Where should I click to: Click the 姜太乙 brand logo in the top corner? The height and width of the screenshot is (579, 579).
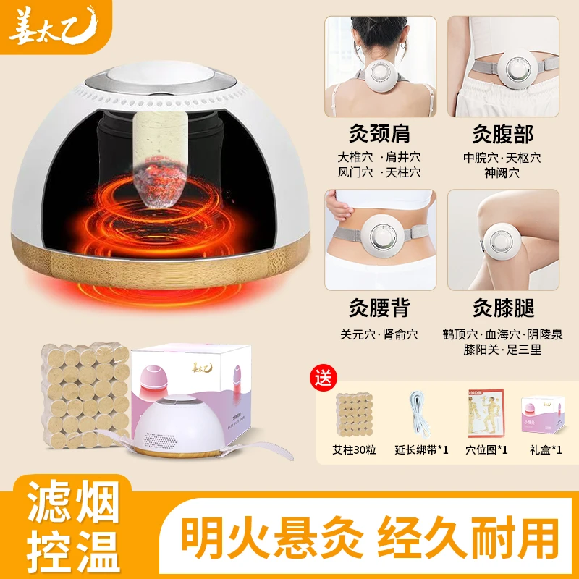[x=49, y=24]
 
